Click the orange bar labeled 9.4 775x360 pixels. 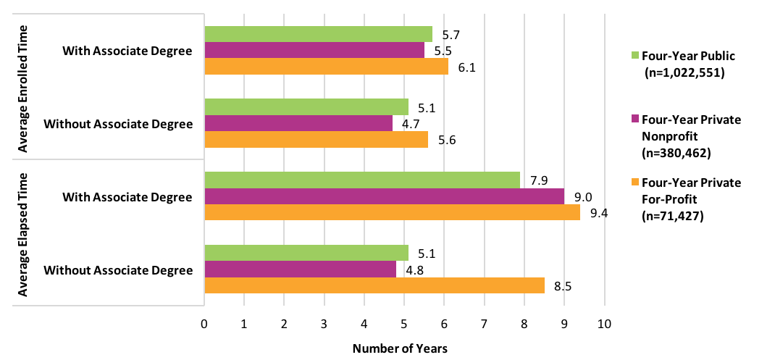click(x=392, y=212)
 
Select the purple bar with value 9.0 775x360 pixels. click(x=384, y=196)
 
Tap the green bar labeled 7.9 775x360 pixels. click(x=362, y=180)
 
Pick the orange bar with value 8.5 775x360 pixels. click(x=374, y=285)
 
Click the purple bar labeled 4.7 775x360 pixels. click(x=298, y=123)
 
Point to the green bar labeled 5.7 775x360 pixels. click(x=318, y=34)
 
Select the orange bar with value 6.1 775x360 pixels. click(x=326, y=67)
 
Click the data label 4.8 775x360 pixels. click(x=414, y=269)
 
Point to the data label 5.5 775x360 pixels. click(x=442, y=51)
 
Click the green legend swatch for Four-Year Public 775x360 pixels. click(x=635, y=55)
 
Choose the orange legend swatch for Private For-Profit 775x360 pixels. click(x=635, y=183)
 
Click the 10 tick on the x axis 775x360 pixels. click(x=604, y=322)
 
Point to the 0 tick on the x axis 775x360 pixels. click(x=205, y=322)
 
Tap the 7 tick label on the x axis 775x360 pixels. click(x=484, y=322)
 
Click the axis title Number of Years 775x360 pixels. click(x=400, y=348)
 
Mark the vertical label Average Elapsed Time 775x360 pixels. click(x=23, y=234)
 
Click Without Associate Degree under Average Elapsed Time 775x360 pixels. click(x=118, y=270)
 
